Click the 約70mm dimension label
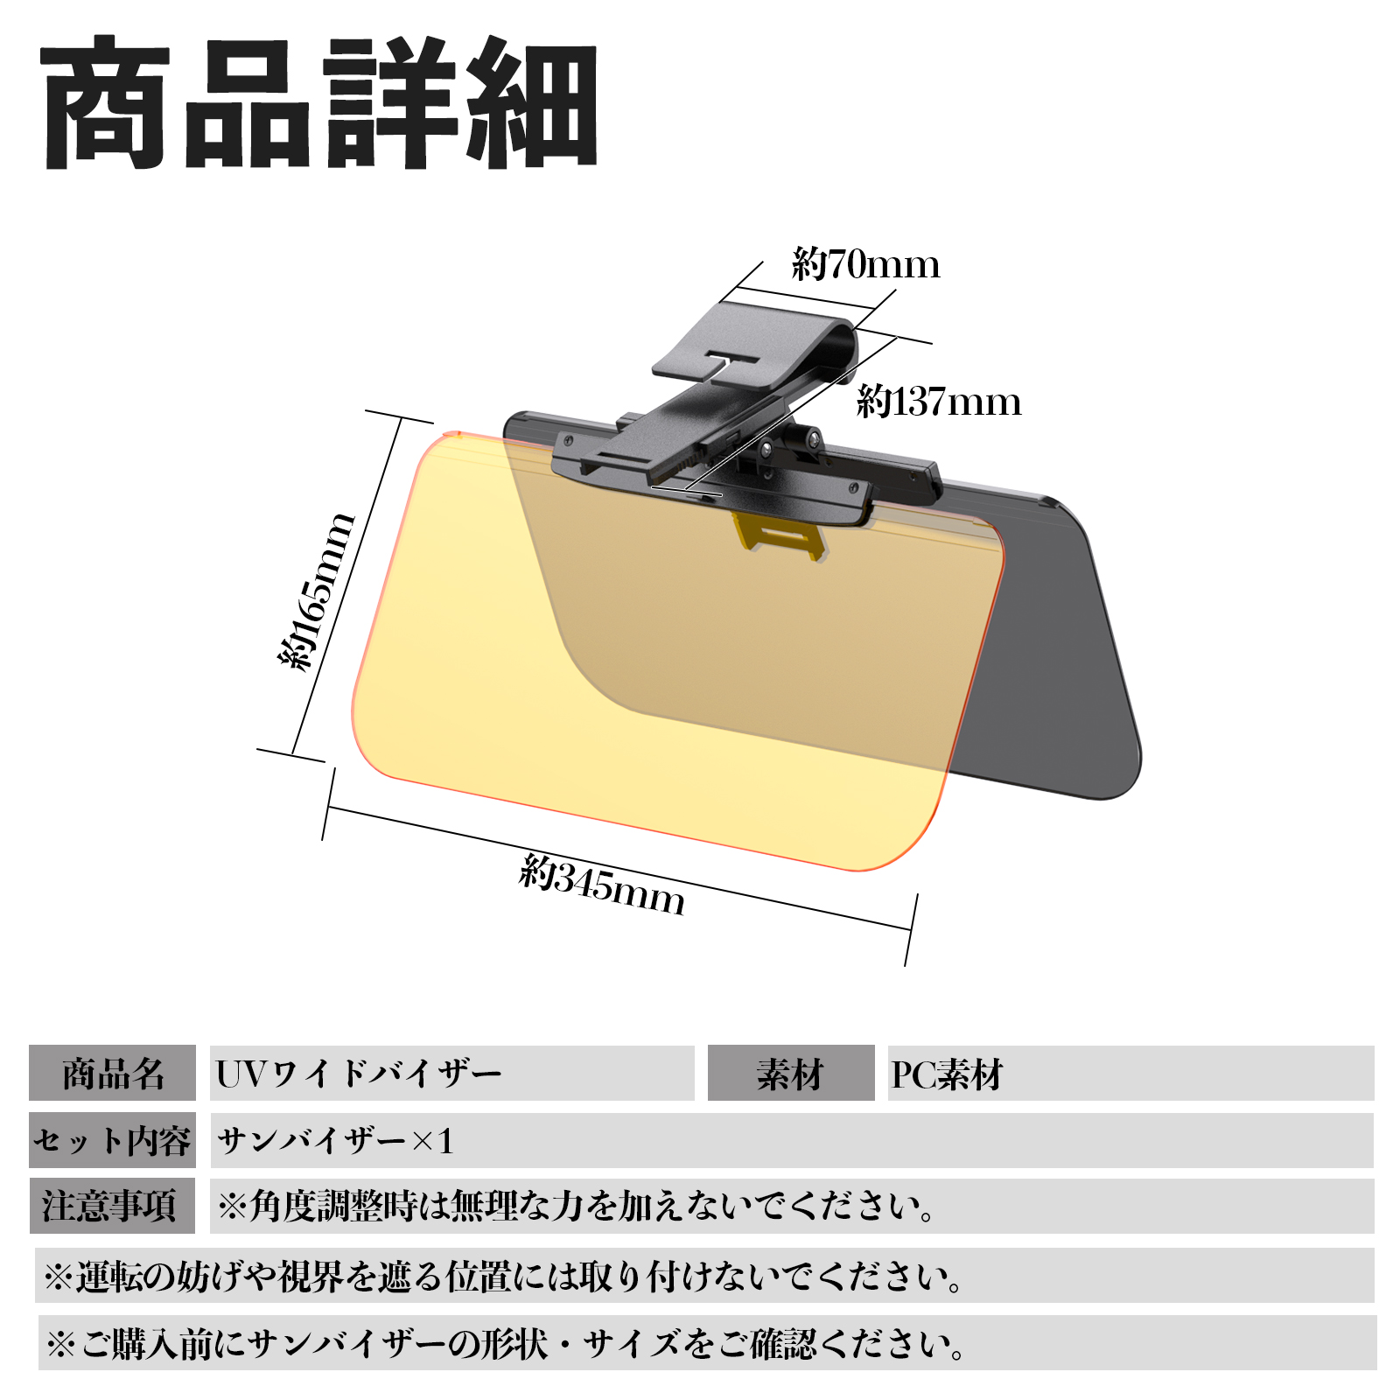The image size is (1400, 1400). (x=865, y=264)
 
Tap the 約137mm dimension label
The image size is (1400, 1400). (x=939, y=402)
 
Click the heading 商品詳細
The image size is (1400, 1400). (x=319, y=103)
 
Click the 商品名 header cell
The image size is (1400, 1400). (x=112, y=1073)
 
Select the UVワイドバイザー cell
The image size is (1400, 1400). (x=451, y=1073)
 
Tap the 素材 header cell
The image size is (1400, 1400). (x=791, y=1073)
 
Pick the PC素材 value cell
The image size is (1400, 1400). (x=1130, y=1073)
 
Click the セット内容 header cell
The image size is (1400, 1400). (x=112, y=1140)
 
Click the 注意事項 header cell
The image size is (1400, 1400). (x=112, y=1206)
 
